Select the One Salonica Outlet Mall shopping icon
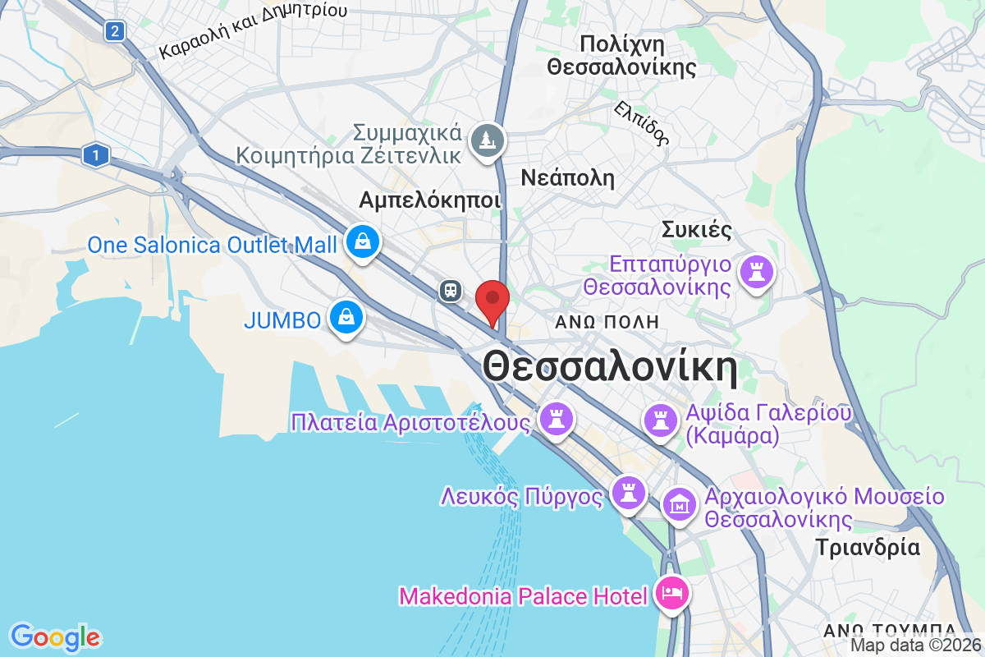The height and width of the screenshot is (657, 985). (361, 241)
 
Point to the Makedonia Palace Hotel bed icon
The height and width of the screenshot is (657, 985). (672, 594)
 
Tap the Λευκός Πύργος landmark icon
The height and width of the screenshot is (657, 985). (630, 493)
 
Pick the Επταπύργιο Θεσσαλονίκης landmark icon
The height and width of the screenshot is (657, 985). (754, 272)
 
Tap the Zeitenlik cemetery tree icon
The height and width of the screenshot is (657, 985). (488, 140)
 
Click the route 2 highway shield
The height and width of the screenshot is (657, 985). (114, 32)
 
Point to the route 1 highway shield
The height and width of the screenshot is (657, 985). (97, 154)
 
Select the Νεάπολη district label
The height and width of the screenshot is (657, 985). (568, 177)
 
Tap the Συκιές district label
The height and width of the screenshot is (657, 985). (696, 229)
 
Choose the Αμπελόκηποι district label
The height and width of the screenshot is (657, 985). (429, 200)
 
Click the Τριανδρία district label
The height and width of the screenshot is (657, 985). (868, 547)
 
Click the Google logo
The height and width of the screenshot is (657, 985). (56, 637)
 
